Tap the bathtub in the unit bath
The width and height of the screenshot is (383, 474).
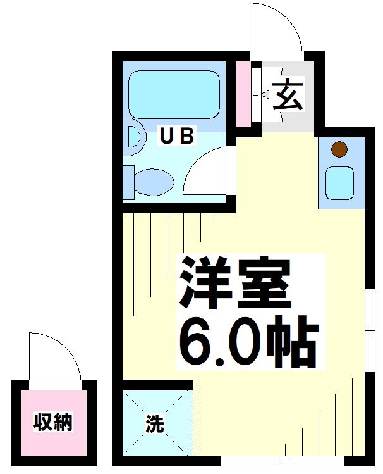pos(173,93)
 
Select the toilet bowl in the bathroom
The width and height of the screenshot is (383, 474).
pos(154,182)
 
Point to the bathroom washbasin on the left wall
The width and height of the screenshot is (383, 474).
pos(132,138)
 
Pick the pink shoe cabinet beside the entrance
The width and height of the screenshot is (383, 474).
pos(243,94)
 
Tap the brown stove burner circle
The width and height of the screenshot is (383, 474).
pos(339,150)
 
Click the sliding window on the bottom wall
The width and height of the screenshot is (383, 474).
pos(281,460)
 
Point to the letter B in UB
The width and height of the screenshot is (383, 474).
pos(187,136)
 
